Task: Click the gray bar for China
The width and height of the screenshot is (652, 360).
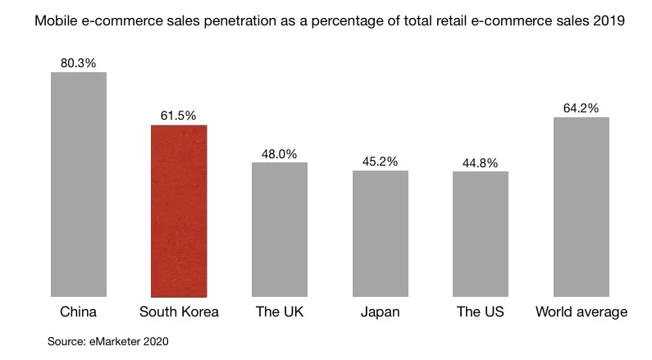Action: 79,184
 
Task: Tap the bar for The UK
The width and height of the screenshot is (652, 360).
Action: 280,229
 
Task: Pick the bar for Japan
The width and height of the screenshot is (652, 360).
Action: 381,233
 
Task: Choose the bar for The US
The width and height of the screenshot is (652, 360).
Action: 481,234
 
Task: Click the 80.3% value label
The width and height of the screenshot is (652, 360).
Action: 79,62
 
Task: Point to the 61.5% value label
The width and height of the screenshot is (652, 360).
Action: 178,116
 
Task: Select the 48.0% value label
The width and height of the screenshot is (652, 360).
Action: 279,153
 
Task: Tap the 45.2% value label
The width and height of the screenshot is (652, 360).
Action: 380,161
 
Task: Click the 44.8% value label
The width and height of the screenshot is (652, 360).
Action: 481,162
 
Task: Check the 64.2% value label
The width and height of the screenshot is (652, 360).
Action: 581,107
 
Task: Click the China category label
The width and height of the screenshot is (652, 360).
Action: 79,312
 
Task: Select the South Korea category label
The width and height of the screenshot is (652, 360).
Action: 179,312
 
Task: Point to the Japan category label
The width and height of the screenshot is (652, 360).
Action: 380,312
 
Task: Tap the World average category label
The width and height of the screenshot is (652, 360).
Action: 581,312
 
